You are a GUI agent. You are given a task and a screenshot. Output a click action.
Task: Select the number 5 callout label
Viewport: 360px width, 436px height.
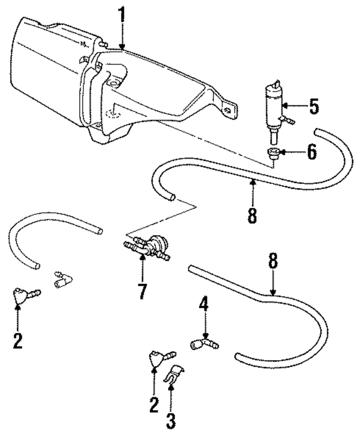pos(313,106)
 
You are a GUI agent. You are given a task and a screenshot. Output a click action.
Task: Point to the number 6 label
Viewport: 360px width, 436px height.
pos(311,152)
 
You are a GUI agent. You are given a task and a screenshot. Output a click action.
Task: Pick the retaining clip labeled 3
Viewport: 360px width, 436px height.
pos(173,374)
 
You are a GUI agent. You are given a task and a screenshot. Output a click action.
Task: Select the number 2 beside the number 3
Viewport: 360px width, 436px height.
pos(154,406)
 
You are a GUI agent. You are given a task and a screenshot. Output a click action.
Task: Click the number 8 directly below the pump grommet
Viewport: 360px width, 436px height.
pos(253,214)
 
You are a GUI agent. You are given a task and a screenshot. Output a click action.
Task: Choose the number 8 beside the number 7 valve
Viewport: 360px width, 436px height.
pos(273,262)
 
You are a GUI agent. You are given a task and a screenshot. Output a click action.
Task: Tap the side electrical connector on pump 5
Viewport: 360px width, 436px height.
pos(290,120)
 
